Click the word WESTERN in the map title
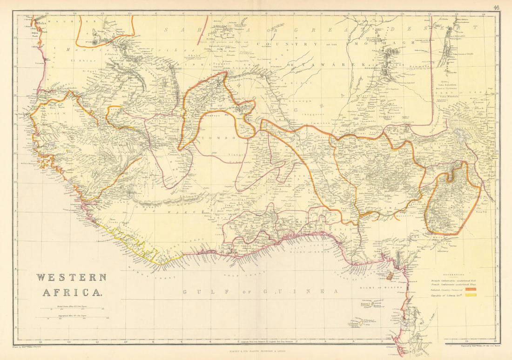[71, 278]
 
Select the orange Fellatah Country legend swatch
[472, 289]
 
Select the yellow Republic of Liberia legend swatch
[472, 295]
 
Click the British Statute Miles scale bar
[77, 308]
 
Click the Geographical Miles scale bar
[77, 318]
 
